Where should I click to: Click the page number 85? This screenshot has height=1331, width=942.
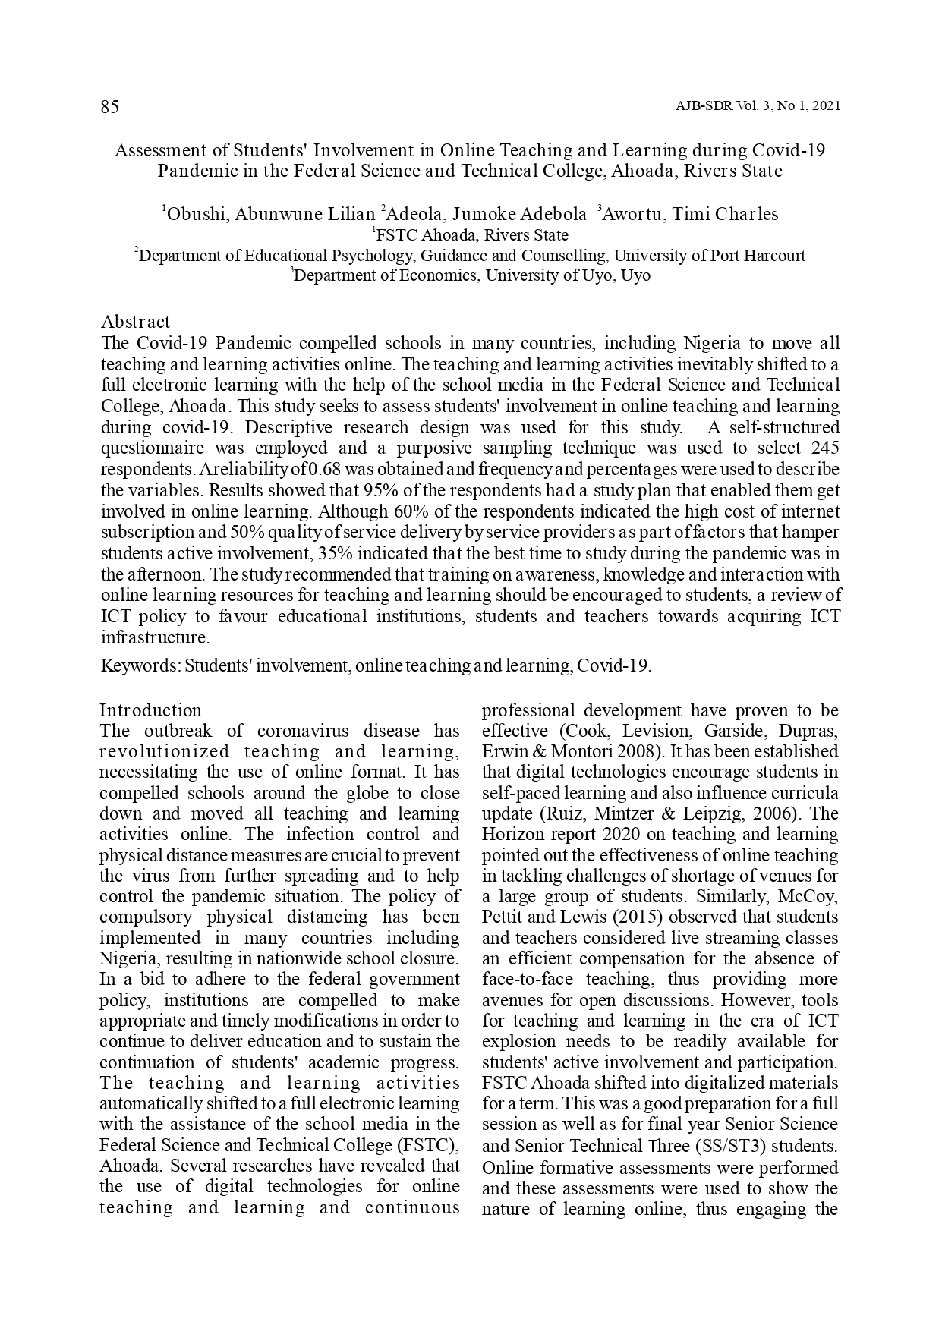point(109,107)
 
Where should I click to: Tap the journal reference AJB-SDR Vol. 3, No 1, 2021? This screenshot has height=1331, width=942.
point(757,106)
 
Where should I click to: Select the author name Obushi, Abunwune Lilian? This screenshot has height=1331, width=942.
point(270,214)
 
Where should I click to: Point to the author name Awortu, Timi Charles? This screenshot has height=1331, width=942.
point(690,214)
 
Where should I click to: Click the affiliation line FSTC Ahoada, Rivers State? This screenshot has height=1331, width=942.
point(471,235)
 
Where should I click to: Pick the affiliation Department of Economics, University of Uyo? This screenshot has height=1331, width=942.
point(471,275)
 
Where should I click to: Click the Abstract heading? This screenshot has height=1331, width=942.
point(136,322)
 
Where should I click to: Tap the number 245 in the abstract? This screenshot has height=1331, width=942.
point(825,448)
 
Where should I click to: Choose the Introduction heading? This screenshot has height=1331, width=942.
point(151,710)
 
